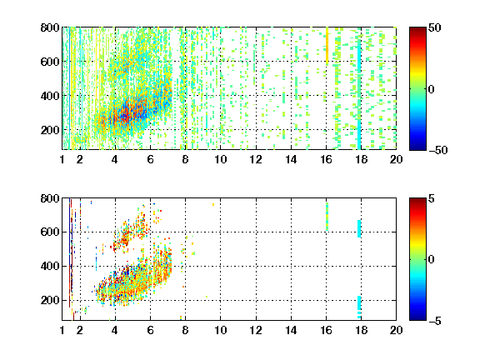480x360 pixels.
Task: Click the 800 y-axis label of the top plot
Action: point(50,27)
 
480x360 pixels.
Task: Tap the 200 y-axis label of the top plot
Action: point(50,130)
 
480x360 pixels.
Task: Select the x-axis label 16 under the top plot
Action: point(327,159)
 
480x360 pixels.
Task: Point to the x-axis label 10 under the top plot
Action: point(220,159)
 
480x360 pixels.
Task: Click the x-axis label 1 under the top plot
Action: point(62,159)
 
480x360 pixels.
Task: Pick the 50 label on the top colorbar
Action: point(435,27)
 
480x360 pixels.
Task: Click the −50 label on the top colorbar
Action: point(438,150)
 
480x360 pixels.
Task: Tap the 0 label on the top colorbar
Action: point(432,89)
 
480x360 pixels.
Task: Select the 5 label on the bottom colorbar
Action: point(432,198)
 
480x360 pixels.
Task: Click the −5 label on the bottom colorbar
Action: point(435,321)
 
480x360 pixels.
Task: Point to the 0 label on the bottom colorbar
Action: point(432,260)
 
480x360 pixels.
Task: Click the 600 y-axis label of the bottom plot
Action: point(50,232)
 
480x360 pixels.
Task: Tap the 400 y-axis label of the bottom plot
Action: point(50,266)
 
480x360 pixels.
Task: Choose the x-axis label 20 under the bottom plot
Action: point(396,330)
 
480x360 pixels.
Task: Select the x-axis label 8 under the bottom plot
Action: point(185,330)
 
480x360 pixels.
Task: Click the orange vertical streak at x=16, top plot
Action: point(327,46)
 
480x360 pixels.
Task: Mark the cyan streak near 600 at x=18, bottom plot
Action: point(359,228)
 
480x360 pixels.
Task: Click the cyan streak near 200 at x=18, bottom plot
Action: point(359,307)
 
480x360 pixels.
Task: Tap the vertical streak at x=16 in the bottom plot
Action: point(327,217)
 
